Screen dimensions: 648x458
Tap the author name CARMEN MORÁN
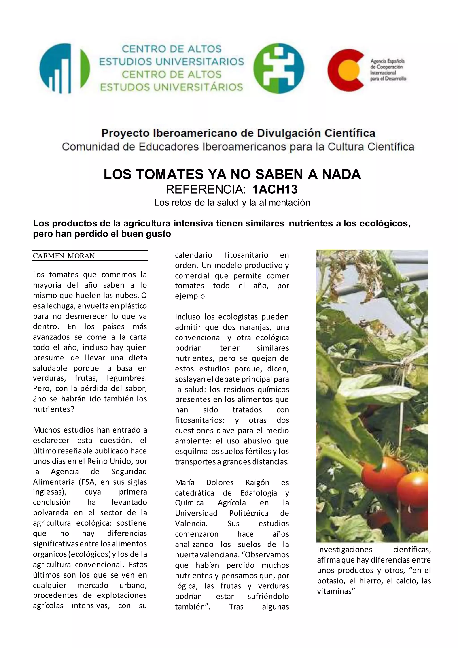tap(64, 256)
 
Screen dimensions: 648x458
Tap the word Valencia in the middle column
tap(191, 524)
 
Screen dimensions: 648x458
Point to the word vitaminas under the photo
tap(336, 591)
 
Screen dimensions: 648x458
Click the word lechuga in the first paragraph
tap(60, 306)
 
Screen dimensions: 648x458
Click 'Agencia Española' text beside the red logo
tap(388, 61)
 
